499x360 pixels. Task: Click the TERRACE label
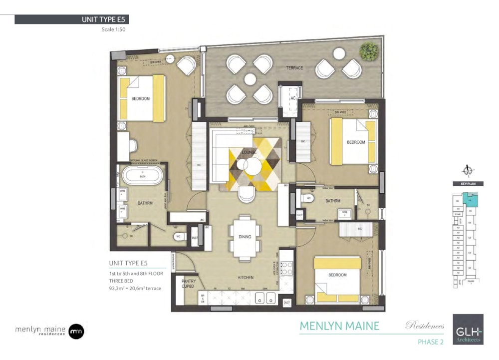pos(294,68)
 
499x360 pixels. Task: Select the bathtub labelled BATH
pos(143,176)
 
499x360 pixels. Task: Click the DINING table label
pos(245,237)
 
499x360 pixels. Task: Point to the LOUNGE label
pos(249,152)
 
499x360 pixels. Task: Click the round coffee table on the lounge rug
pos(252,166)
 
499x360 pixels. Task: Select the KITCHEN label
pos(245,278)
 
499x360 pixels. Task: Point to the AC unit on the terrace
pos(293,99)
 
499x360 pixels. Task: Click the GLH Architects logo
pos(468,329)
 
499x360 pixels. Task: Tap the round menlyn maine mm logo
pos(76,330)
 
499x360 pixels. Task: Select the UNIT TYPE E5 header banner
pos(71,19)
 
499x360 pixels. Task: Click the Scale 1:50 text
pos(114,29)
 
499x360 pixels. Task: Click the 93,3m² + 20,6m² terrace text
pos(135,289)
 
